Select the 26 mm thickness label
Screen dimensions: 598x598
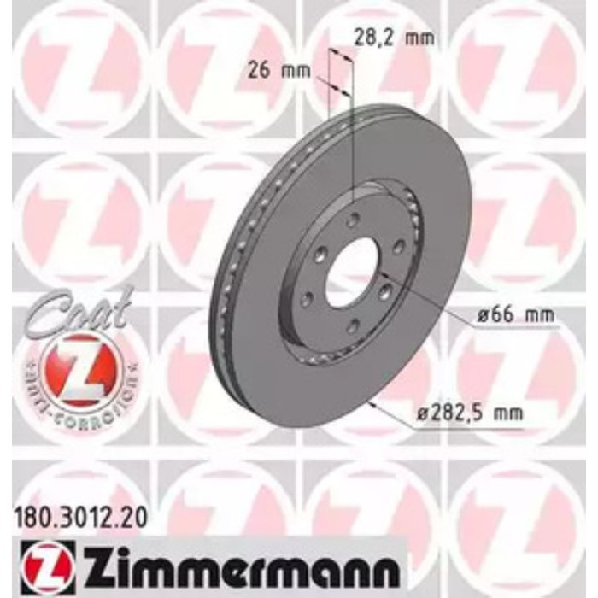(x=280, y=70)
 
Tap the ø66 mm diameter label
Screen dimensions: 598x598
(x=513, y=316)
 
